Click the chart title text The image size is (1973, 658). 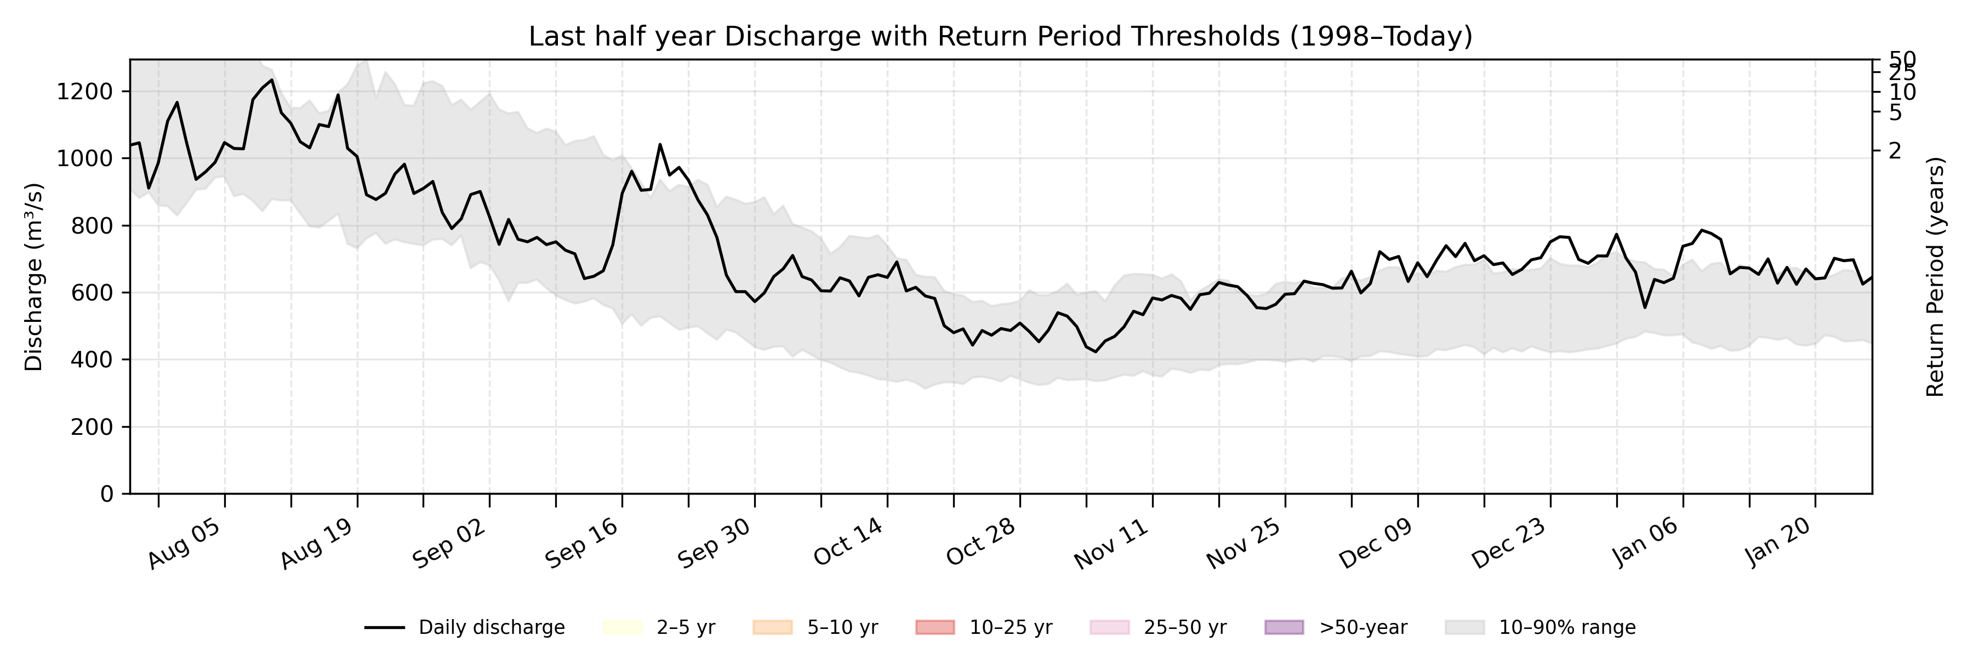click(1000, 36)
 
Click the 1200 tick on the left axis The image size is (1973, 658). click(84, 92)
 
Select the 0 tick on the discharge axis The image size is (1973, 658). click(106, 494)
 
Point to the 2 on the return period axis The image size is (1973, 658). click(1895, 151)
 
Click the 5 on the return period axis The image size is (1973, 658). click(1895, 112)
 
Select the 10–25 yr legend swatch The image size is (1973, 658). click(935, 627)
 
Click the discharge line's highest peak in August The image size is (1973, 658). click(272, 80)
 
